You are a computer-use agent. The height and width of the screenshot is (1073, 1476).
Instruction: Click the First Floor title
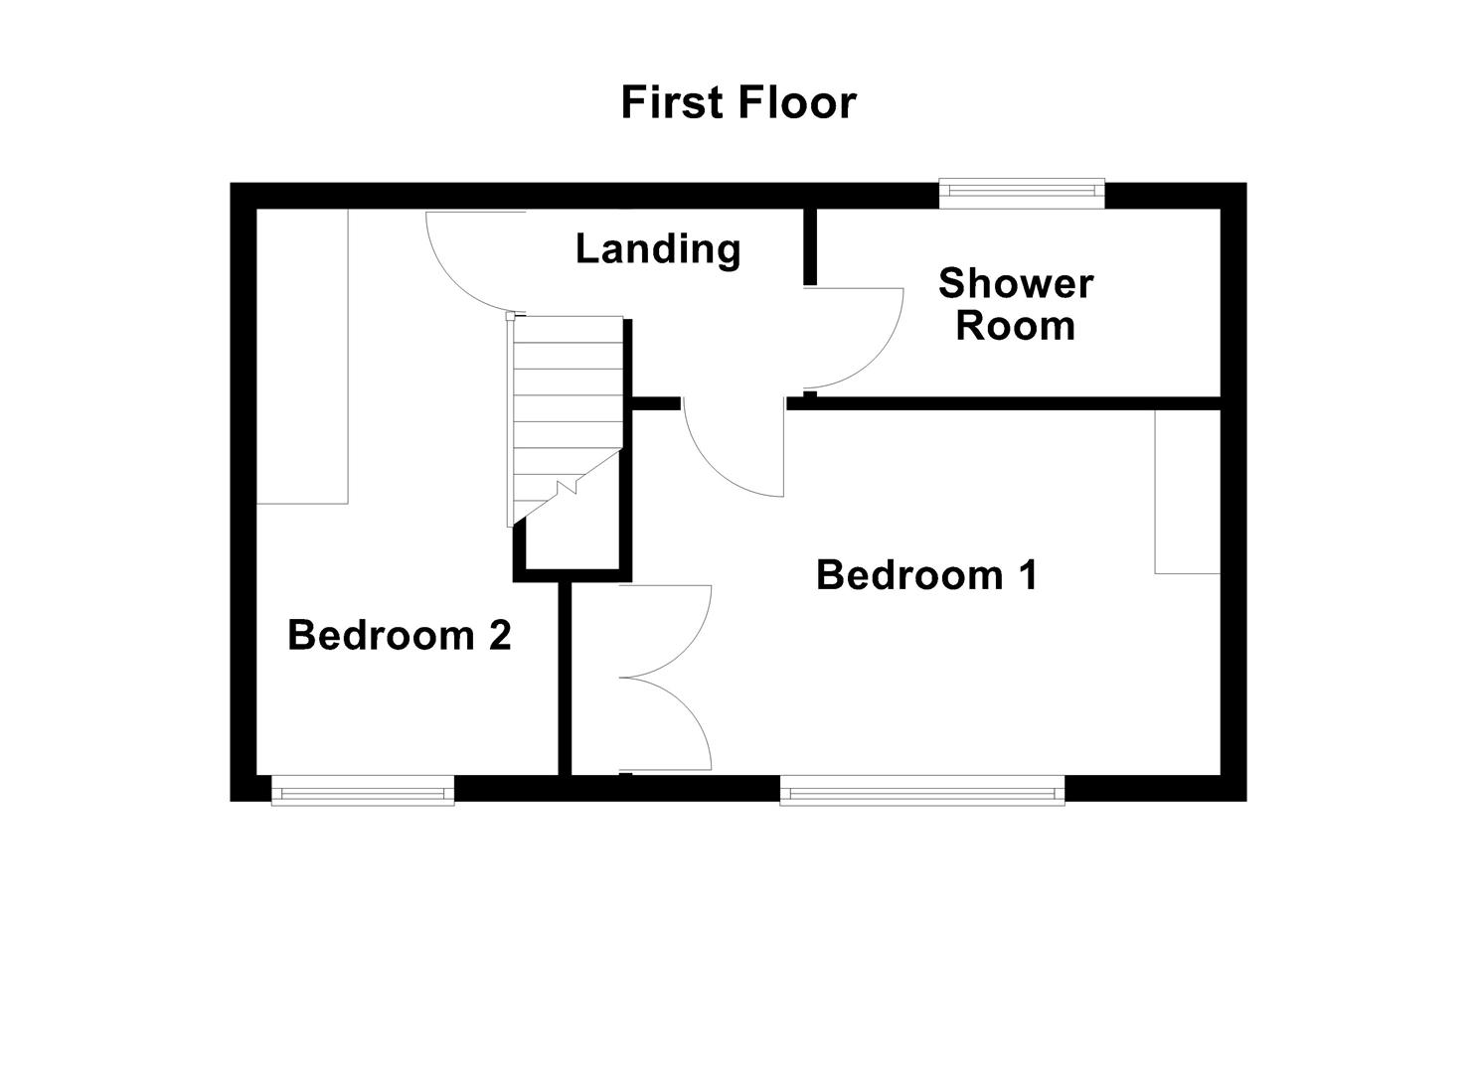point(738,102)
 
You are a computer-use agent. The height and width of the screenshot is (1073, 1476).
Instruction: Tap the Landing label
point(658,248)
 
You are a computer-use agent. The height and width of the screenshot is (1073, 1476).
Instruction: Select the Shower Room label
point(1015,304)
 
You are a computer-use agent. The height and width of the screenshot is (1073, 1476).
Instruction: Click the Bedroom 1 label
point(926,575)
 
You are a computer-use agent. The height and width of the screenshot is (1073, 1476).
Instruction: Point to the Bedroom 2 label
point(399,635)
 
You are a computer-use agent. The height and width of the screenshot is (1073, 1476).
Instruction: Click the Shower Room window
point(1022,193)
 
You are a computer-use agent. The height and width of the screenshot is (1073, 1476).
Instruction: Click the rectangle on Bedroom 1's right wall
point(1187,491)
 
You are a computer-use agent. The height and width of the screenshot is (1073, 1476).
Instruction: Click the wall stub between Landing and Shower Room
point(810,246)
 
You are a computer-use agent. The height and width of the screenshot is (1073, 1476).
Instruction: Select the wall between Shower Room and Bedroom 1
point(1014,403)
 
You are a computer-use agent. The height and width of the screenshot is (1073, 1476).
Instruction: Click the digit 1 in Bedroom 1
point(1027,575)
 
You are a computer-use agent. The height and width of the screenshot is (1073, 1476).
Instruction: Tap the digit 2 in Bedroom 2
point(500,635)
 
